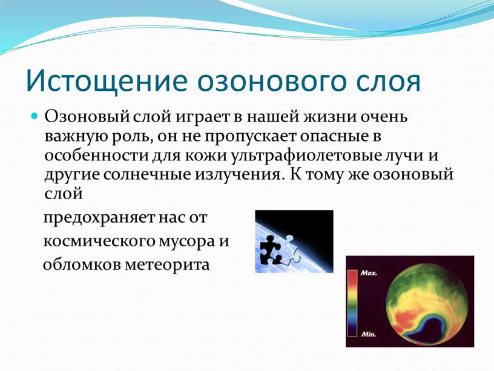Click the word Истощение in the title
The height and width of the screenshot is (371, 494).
pyautogui.click(x=107, y=80)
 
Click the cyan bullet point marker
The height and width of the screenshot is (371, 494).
pyautogui.click(x=35, y=116)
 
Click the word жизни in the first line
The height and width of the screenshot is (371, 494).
pyautogui.click(x=329, y=117)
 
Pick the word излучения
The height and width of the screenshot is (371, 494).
pyautogui.click(x=237, y=176)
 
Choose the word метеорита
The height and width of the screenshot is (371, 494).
pyautogui.click(x=167, y=265)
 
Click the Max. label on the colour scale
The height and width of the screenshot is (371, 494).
pyautogui.click(x=368, y=273)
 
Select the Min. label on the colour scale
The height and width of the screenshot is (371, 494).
pyautogui.click(x=368, y=335)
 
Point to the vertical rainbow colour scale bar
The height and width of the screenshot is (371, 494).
pyautogui.click(x=352, y=303)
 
